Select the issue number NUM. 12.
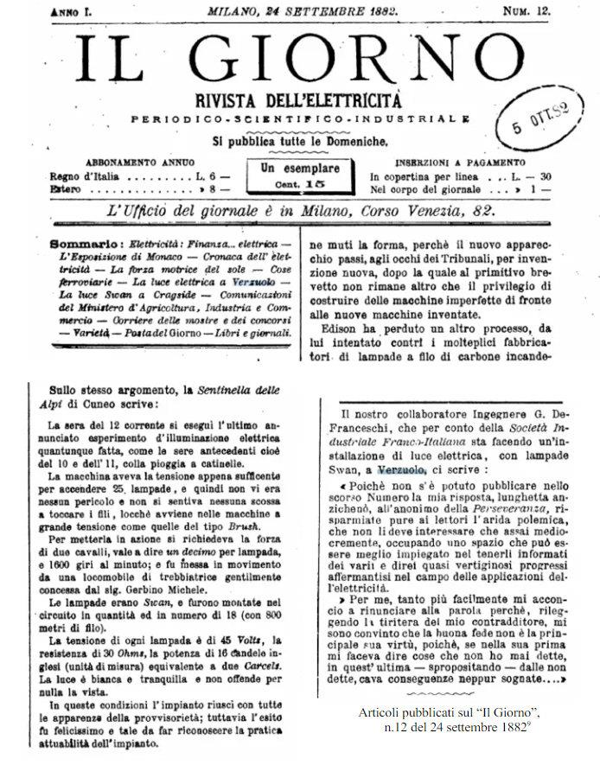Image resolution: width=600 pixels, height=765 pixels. (527, 10)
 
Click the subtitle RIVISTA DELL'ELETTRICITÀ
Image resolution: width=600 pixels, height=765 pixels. (299, 97)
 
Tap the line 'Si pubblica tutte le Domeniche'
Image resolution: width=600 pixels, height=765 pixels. (300, 139)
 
